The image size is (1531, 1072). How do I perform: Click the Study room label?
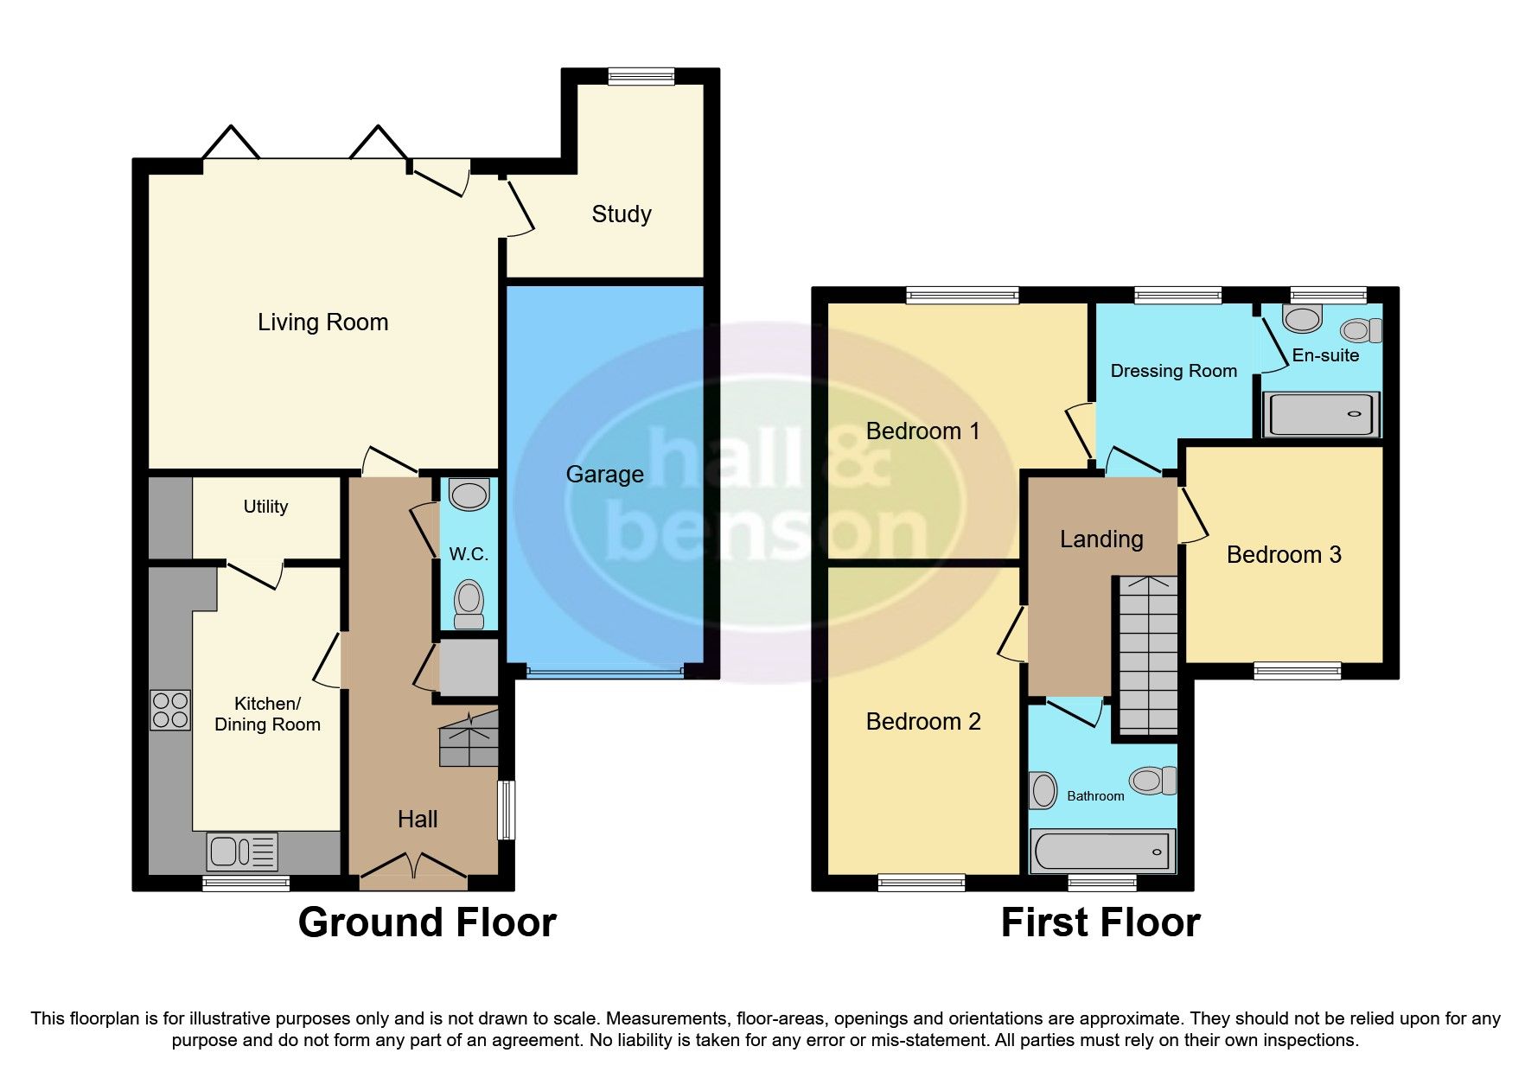[x=621, y=214]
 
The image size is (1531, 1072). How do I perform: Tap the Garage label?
[x=604, y=474]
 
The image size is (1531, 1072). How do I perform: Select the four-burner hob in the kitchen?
[x=170, y=710]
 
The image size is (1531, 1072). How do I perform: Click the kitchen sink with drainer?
[x=242, y=852]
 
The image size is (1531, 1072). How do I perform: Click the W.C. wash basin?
[x=469, y=495]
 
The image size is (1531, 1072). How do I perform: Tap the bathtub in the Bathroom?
[x=1102, y=852]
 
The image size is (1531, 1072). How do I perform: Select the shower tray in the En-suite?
[x=1320, y=414]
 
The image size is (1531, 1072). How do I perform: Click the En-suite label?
[x=1324, y=355]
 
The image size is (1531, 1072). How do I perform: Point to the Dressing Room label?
[x=1173, y=371]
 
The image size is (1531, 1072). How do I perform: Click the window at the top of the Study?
[x=641, y=77]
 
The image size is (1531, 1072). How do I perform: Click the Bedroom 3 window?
[x=1297, y=671]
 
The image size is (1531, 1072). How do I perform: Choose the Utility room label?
[x=265, y=507]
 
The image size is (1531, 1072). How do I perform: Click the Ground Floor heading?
[x=427, y=922]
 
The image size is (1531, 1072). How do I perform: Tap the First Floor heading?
[x=1100, y=922]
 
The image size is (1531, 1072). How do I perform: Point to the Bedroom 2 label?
[x=922, y=721]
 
